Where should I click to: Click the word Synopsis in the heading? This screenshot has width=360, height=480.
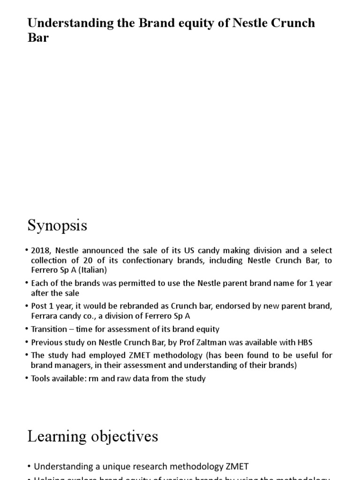[57, 226]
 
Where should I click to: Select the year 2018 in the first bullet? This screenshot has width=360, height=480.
[40, 251]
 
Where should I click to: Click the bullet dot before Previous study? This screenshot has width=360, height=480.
[27, 342]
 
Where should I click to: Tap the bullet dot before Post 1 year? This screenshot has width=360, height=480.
[27, 306]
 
